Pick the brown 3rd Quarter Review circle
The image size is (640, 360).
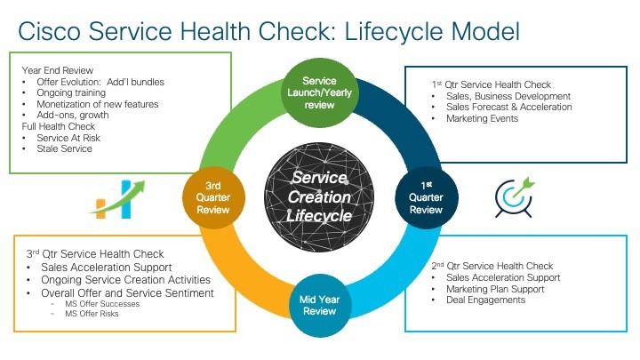click(213, 197)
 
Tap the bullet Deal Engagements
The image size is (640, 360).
click(485, 300)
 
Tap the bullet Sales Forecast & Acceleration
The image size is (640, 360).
click(509, 108)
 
